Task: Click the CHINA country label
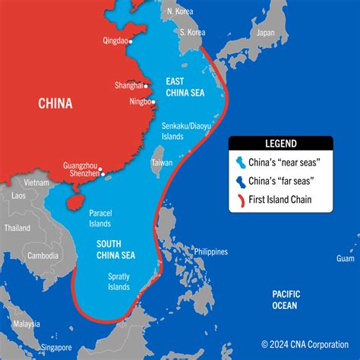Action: click(55, 103)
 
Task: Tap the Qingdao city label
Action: click(115, 43)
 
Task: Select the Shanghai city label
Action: click(127, 85)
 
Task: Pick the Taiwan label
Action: click(162, 163)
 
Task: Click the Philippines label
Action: click(210, 251)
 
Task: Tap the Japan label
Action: click(265, 33)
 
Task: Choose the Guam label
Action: click(345, 258)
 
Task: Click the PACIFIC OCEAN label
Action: click(286, 299)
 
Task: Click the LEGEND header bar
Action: click(280, 142)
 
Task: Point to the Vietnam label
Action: click(35, 183)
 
